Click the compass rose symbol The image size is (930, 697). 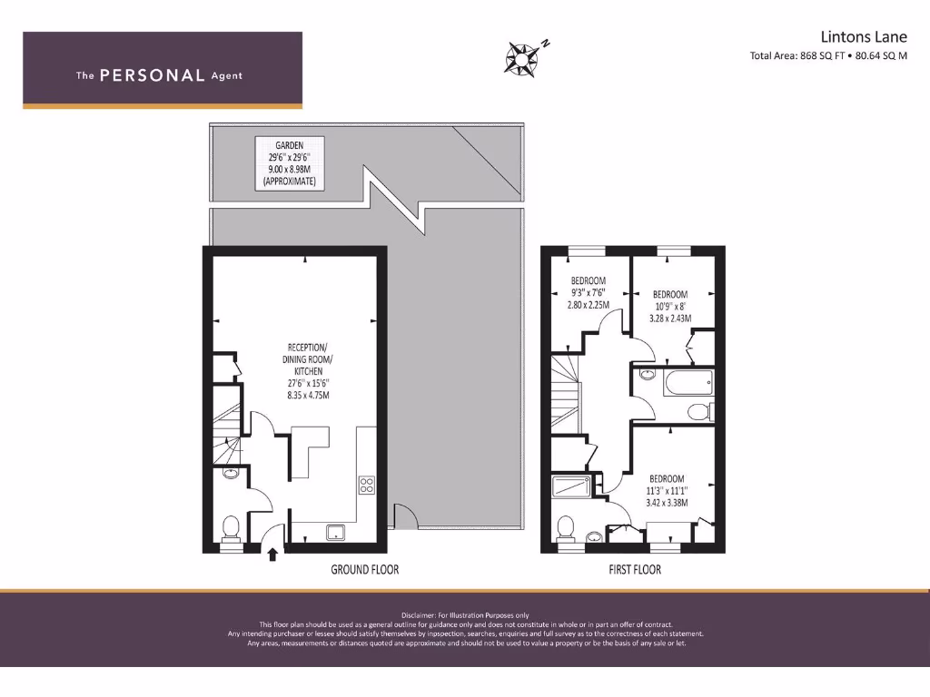[523, 56]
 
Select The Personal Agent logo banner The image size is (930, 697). [163, 71]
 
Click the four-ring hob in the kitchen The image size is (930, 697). [368, 485]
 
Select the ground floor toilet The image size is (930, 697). [231, 526]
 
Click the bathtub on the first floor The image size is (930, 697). [688, 384]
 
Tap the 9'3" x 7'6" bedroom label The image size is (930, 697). [587, 293]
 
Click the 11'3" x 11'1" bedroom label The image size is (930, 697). [667, 490]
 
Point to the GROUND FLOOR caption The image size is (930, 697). [364, 570]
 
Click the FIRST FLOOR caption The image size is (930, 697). [634, 570]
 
